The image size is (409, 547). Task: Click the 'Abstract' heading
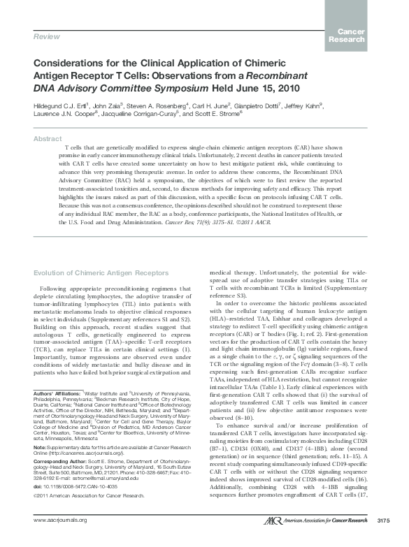pyautogui.click(x=47, y=139)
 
